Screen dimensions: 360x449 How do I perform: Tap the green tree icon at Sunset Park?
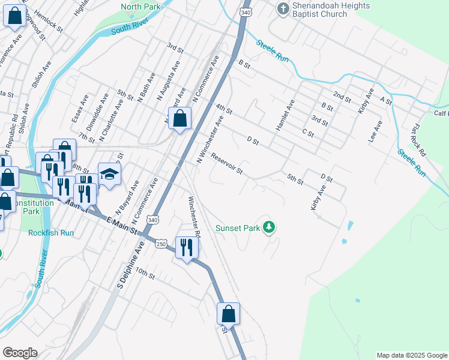[270, 227]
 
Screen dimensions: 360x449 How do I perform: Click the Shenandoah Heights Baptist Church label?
[331, 10]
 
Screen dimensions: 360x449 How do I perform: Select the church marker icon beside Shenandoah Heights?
[283, 8]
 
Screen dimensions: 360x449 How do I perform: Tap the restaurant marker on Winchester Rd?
[187, 247]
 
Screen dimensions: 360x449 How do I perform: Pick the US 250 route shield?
[161, 244]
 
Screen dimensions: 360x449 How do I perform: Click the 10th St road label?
[145, 275]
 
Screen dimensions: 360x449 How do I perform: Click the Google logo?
[20, 353]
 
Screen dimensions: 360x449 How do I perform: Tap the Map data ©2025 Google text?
[411, 355]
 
